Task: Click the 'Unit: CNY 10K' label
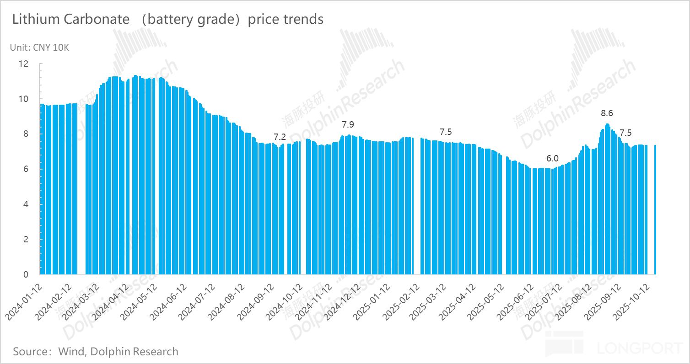point(39,47)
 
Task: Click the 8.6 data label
point(607,113)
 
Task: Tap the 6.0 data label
point(552,159)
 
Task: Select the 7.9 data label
point(348,124)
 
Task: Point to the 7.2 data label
point(280,136)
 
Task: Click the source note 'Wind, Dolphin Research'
point(118,352)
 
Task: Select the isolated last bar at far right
point(655,210)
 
